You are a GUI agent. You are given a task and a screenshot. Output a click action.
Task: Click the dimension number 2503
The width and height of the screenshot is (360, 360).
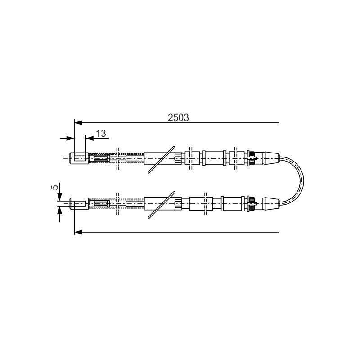178,117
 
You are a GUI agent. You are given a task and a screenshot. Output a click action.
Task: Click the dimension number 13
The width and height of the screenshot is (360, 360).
101,133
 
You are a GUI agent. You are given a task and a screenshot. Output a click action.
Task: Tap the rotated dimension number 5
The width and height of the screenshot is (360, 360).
55,187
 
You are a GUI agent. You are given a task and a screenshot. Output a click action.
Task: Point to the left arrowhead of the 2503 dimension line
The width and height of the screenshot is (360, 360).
78,123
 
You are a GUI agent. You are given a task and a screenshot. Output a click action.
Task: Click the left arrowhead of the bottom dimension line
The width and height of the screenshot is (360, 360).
78,232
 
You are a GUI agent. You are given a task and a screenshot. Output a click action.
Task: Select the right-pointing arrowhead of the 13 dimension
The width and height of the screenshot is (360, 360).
70,139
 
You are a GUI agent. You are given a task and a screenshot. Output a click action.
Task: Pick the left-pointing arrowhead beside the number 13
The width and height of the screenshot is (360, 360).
90,139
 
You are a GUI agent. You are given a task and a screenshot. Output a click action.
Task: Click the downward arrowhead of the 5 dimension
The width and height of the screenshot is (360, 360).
59,197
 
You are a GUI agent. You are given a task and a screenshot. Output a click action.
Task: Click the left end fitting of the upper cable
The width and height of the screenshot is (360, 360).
79,158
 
